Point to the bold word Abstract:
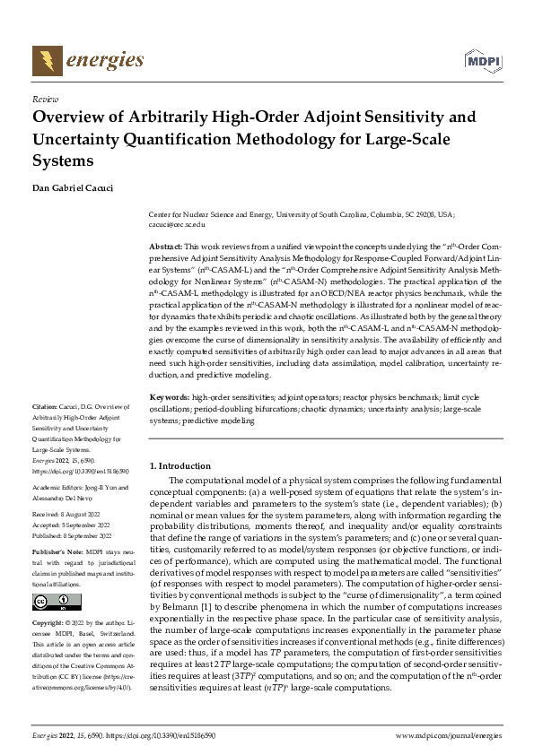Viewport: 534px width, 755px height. tap(164, 245)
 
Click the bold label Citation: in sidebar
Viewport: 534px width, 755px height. tap(45, 406)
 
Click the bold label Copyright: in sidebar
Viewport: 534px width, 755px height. tap(49, 621)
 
